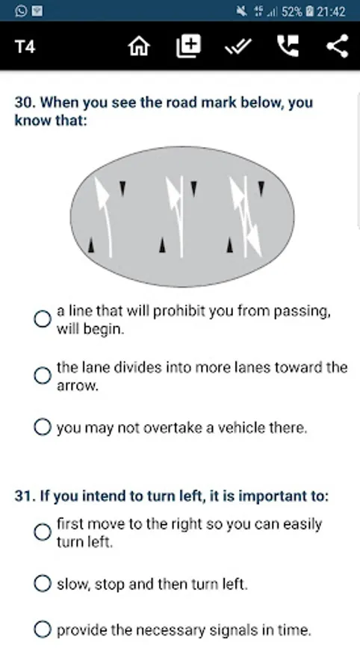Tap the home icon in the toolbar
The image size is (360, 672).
coord(139,46)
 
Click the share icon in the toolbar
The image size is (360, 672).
coord(338,46)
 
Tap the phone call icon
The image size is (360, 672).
coord(288,46)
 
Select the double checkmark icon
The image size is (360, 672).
coord(238,46)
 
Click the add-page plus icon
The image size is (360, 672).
coord(188,46)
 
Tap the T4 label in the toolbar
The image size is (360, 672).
coord(25,46)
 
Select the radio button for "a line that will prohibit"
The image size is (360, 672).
coord(43,320)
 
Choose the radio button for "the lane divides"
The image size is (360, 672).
coord(43,376)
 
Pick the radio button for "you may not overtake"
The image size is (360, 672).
coord(43,427)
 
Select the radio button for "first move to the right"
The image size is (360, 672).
coord(43,532)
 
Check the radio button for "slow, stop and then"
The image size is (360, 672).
coord(43,584)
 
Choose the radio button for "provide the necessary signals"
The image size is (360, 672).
coord(43,629)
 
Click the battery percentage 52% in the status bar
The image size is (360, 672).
coord(292,11)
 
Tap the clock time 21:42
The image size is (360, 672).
coord(331,11)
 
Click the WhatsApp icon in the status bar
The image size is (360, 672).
coord(20,11)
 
